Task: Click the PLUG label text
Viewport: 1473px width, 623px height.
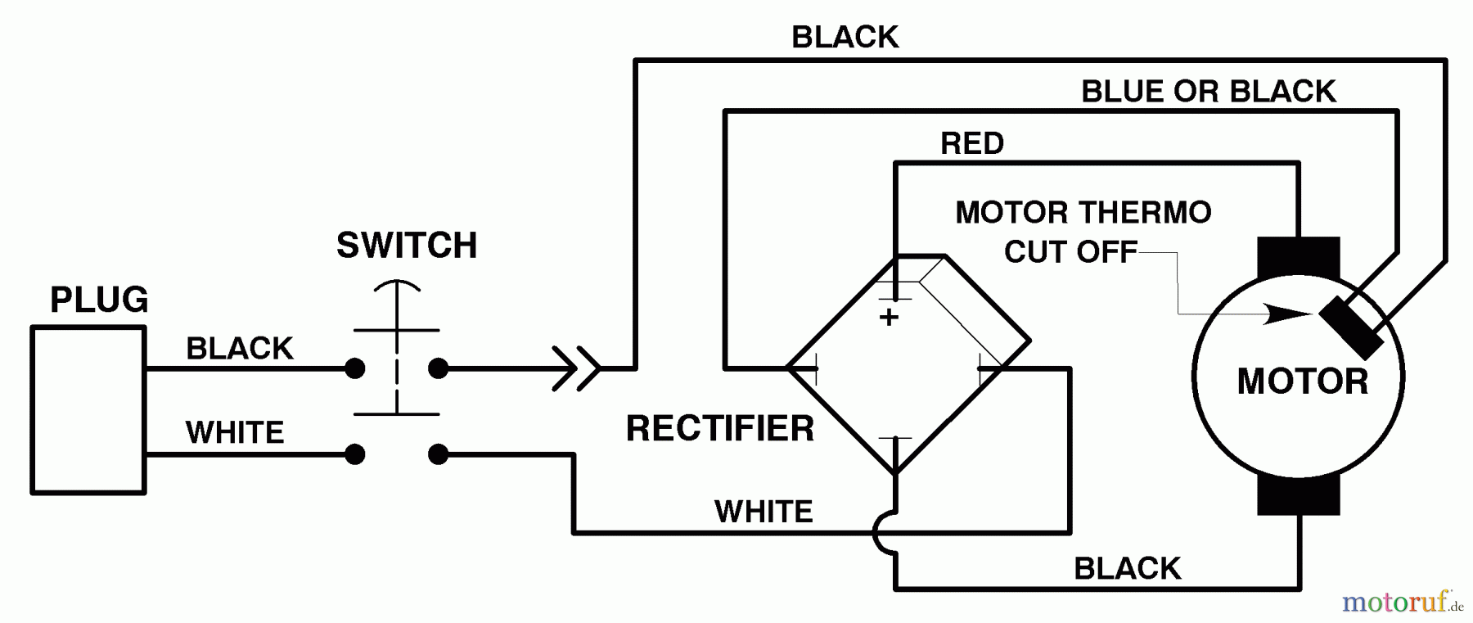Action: pos(99,300)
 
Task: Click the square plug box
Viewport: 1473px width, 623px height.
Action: pos(88,410)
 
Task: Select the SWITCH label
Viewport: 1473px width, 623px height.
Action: pos(407,246)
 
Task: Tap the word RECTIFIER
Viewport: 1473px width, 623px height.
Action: pos(720,429)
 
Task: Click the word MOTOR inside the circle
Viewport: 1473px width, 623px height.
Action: pos(1302,382)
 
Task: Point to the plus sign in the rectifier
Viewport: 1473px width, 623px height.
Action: pos(889,317)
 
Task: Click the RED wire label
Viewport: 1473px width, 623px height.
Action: pos(971,144)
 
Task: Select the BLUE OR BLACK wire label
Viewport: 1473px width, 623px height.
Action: pos(1208,92)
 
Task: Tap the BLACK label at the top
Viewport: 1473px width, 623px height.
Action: pos(845,38)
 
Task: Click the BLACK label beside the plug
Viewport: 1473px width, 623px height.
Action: pos(239,349)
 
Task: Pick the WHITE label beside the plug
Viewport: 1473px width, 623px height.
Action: pos(235,432)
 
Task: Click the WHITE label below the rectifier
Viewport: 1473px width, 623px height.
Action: pos(764,512)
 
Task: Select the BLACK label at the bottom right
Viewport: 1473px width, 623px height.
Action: pos(1127,568)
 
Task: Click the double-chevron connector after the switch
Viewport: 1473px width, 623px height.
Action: pos(576,368)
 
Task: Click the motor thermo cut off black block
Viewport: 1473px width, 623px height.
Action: pos(1351,327)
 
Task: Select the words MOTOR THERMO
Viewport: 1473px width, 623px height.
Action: pos(1083,213)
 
